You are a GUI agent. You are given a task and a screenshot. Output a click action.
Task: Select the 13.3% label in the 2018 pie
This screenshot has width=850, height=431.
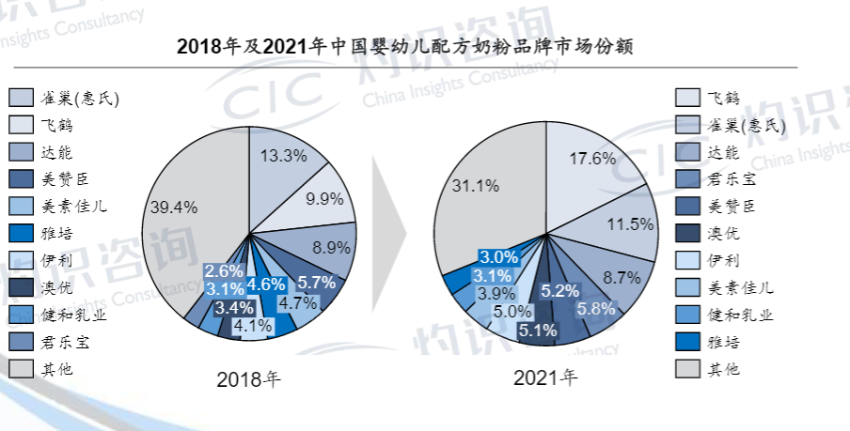(x=282, y=156)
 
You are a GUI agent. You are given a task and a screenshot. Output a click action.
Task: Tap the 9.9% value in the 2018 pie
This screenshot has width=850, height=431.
(x=323, y=199)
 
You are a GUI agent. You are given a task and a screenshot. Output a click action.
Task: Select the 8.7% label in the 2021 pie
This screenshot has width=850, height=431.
(x=621, y=277)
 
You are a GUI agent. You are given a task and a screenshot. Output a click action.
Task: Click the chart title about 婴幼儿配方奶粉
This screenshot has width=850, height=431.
(x=404, y=46)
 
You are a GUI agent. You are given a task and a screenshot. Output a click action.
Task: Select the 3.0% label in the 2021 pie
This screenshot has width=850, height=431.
(x=497, y=256)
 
